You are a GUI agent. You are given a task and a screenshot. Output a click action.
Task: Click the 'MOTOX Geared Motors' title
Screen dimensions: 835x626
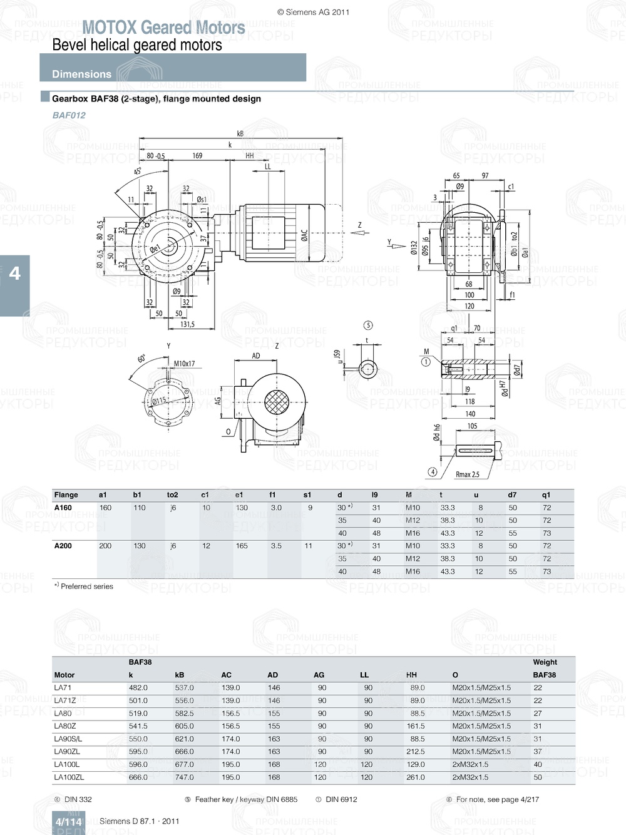pyautogui.click(x=163, y=28)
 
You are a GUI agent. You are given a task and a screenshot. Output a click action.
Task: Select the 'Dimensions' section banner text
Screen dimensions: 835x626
pyautogui.click(x=81, y=74)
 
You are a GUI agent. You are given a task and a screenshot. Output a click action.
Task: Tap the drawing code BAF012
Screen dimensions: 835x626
pyautogui.click(x=69, y=115)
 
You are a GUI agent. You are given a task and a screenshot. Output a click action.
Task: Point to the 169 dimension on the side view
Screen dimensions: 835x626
pyautogui.click(x=197, y=156)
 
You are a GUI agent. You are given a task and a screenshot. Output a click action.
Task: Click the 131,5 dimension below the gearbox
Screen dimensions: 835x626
pyautogui.click(x=187, y=324)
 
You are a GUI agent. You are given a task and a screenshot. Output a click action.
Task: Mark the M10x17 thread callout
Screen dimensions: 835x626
pyautogui.click(x=184, y=363)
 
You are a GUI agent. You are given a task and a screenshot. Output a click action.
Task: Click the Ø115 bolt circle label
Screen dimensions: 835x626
pyautogui.click(x=159, y=401)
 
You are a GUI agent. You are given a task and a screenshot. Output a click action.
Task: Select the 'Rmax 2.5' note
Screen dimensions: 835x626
pyautogui.click(x=467, y=474)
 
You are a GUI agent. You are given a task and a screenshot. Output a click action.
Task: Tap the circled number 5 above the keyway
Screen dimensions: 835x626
pyautogui.click(x=368, y=325)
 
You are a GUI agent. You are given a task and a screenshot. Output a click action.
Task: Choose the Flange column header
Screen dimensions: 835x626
pyautogui.click(x=66, y=494)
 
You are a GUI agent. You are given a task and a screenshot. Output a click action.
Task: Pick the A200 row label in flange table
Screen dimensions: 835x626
pyautogui.click(x=63, y=546)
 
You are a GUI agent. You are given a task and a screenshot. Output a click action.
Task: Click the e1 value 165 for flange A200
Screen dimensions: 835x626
pyautogui.click(x=242, y=546)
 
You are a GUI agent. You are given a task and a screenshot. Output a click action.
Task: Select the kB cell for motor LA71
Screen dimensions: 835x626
pyautogui.click(x=184, y=688)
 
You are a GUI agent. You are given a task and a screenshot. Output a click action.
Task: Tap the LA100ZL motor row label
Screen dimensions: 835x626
pyautogui.click(x=69, y=777)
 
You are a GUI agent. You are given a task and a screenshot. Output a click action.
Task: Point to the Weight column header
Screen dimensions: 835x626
pyautogui.click(x=545, y=662)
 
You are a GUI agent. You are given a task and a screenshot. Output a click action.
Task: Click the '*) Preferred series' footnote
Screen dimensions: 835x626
pyautogui.click(x=83, y=587)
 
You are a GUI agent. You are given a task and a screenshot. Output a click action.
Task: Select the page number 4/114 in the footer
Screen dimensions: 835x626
pyautogui.click(x=68, y=822)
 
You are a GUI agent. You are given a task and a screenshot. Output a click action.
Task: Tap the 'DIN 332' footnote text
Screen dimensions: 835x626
pyautogui.click(x=78, y=799)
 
